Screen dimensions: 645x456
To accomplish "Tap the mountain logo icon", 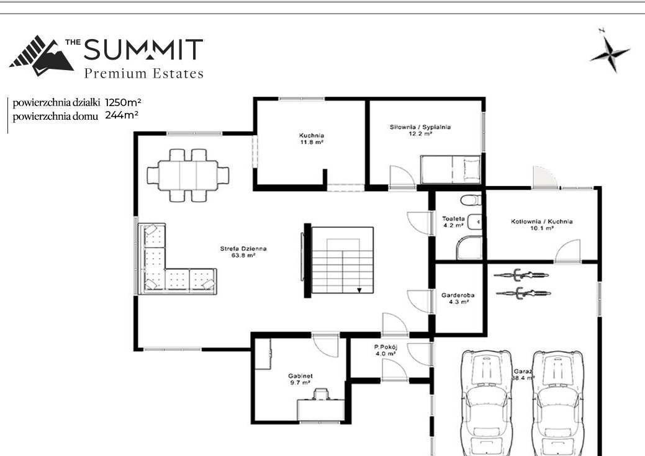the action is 41,56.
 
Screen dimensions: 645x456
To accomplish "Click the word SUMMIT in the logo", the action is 143,50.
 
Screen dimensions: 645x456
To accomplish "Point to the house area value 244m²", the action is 122,115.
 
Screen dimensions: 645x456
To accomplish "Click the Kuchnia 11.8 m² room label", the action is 312,138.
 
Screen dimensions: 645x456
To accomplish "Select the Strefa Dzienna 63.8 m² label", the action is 243,252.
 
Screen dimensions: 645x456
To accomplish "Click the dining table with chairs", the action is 188,175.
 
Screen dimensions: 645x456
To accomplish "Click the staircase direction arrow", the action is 359,290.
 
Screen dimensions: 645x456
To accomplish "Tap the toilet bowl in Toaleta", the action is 471,200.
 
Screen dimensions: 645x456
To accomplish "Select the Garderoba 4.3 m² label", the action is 458,298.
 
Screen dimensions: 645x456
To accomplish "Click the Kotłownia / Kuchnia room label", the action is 542,225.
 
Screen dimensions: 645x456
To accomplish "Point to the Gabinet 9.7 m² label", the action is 300,379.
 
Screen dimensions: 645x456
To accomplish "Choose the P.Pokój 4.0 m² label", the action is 386,350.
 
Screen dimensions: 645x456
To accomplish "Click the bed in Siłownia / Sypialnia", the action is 451,169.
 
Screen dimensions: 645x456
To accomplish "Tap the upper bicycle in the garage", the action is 521,275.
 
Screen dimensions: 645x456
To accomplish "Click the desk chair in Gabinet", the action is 320,395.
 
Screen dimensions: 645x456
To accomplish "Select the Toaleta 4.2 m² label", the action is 453,222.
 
